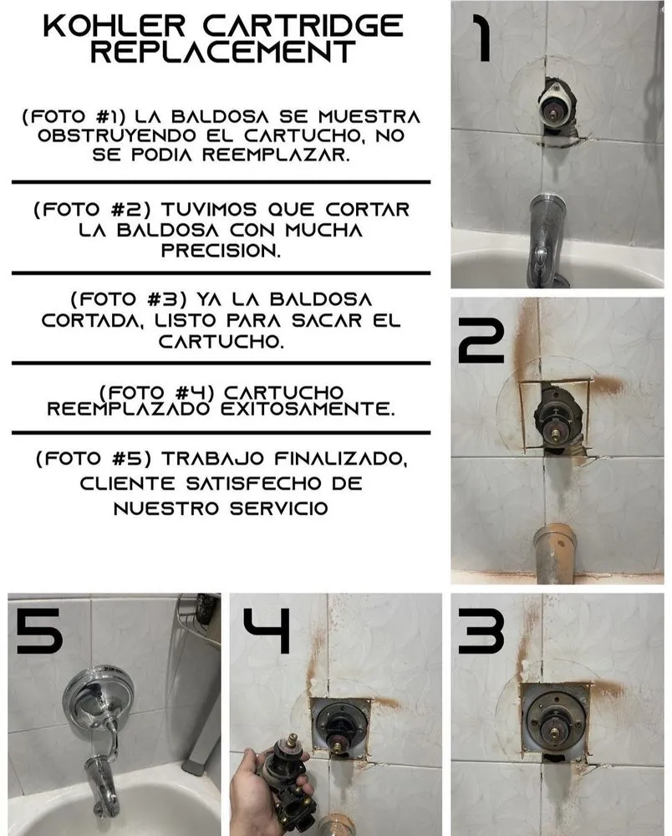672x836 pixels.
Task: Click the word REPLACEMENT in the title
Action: click(x=222, y=52)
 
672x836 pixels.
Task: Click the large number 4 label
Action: click(x=266, y=632)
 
